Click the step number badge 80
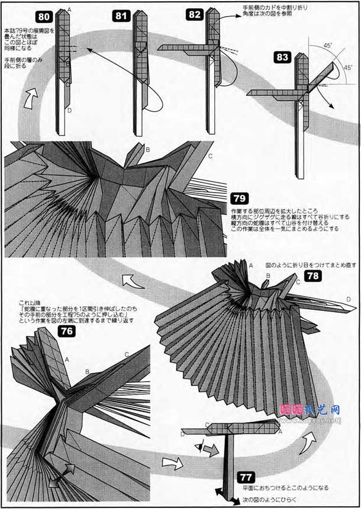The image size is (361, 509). point(46,17)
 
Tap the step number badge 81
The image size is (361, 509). point(121,17)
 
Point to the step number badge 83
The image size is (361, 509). point(283,57)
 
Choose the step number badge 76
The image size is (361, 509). point(67,332)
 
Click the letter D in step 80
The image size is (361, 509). point(69,110)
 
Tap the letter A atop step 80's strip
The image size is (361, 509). point(70,10)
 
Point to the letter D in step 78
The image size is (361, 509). point(349,299)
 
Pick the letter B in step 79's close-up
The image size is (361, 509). point(147,150)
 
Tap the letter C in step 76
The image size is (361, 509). point(126,354)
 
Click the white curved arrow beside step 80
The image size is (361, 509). point(28,98)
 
